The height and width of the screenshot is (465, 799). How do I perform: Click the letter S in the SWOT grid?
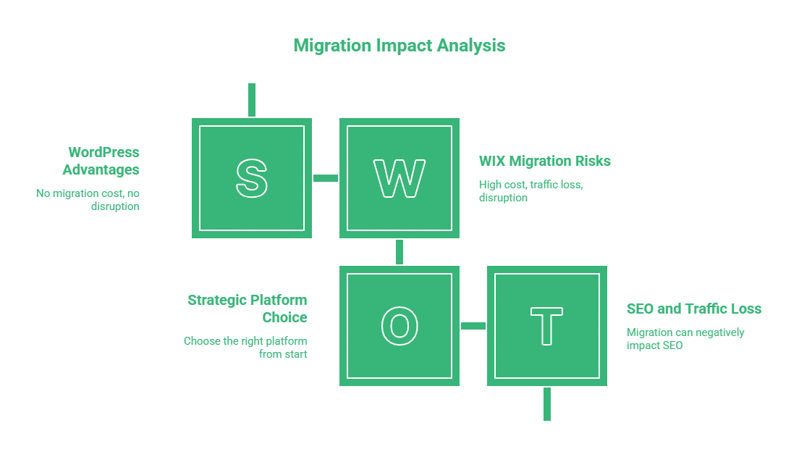pos(252,178)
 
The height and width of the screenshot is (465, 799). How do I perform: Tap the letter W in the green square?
pos(399,178)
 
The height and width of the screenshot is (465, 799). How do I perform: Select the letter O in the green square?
pos(399,326)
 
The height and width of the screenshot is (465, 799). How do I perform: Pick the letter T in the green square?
pos(547,326)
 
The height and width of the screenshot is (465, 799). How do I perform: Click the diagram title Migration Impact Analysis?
pos(399,45)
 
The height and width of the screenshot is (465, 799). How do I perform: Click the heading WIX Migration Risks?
pos(545,161)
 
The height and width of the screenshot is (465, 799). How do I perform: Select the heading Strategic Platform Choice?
pos(248,309)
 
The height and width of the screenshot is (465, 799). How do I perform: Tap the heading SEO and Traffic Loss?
pos(694,309)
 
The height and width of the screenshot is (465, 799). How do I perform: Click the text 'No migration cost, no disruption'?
pos(88,200)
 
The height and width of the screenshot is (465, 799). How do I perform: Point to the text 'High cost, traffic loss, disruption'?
pos(530,191)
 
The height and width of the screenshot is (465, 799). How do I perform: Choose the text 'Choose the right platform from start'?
pos(245,347)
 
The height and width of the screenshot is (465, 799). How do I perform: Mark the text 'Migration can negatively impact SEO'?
pos(685,339)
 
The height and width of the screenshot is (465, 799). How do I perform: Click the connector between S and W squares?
pos(326,178)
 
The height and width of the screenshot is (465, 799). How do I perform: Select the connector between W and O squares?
pos(399,252)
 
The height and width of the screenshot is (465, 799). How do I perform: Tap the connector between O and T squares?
pos(473,326)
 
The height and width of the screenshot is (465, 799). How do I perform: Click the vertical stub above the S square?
pos(252,100)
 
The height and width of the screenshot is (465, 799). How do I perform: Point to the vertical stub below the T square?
pos(547,403)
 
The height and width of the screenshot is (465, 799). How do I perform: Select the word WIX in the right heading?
pos(493,161)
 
